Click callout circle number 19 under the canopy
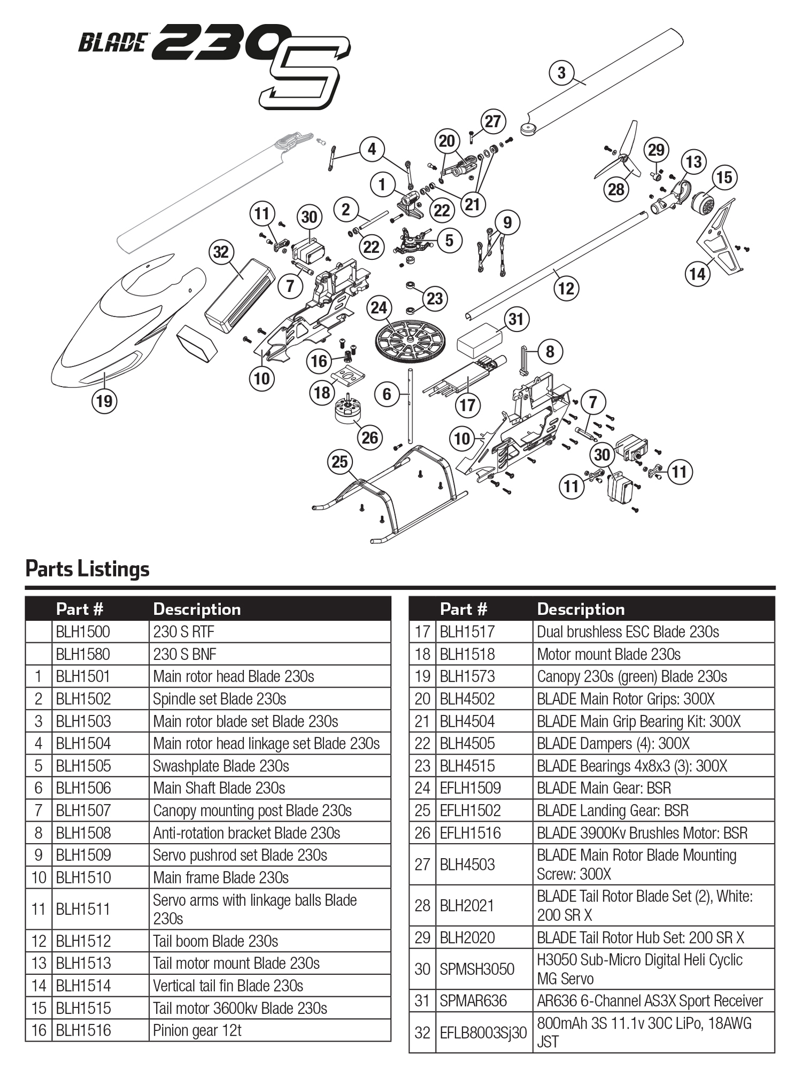[x=104, y=401]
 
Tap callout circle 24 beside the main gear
[x=379, y=307]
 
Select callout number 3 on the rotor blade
[x=561, y=73]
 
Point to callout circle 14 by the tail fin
[x=697, y=274]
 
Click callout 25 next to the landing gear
[x=340, y=462]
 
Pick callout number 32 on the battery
[x=221, y=252]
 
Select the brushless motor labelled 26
[x=348, y=411]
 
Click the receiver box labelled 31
[x=479, y=340]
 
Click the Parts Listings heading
[x=87, y=568]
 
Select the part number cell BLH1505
[x=83, y=766]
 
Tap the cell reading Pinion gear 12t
[x=197, y=1030]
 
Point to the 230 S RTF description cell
[x=183, y=632]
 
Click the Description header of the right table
[x=581, y=609]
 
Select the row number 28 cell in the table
[x=422, y=906]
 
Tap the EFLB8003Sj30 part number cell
[x=483, y=1033]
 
